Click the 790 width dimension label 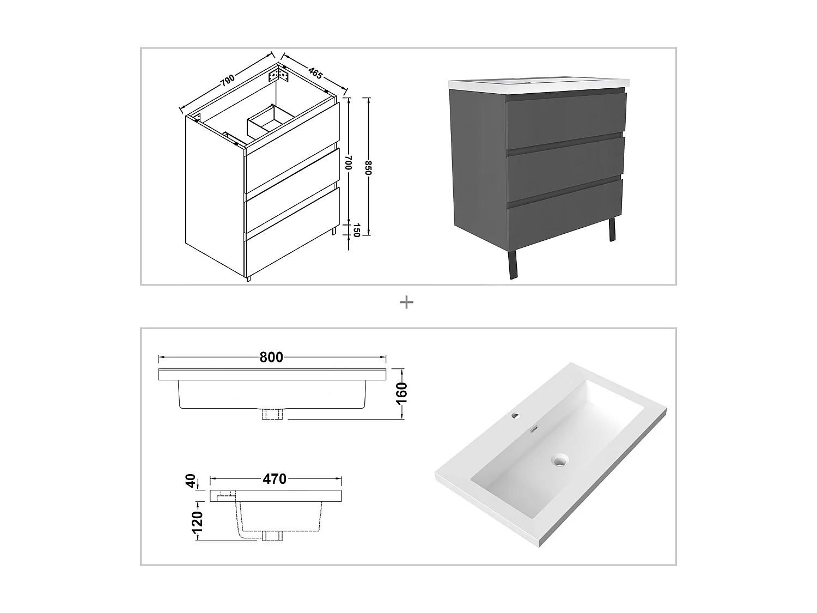(x=228, y=80)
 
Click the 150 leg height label (x=357, y=230)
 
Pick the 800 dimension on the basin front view (x=271, y=357)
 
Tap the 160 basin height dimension (x=402, y=393)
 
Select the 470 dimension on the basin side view (x=275, y=479)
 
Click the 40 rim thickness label (x=191, y=481)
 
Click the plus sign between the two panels (x=406, y=302)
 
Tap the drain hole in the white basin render (x=559, y=462)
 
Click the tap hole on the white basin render (x=516, y=416)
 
